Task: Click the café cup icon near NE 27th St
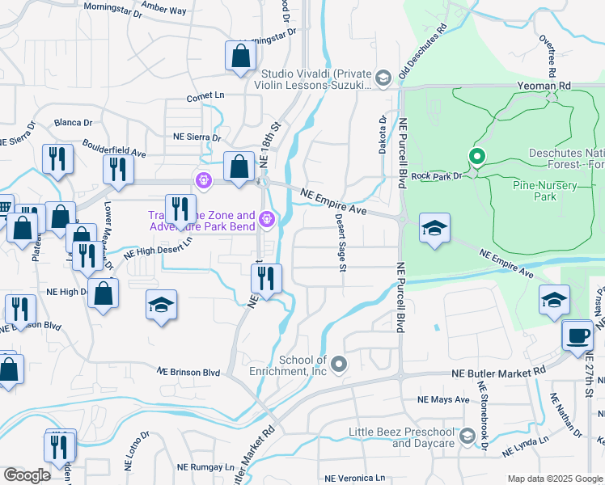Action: click(x=577, y=335)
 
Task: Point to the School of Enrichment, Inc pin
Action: click(x=339, y=365)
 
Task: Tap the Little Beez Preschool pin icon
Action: click(x=467, y=436)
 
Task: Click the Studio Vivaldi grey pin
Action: click(x=383, y=78)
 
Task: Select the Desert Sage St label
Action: click(x=341, y=242)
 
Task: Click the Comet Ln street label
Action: click(x=205, y=95)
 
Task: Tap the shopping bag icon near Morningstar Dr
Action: click(x=241, y=56)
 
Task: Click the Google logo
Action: click(x=27, y=475)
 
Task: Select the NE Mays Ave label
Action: click(x=443, y=400)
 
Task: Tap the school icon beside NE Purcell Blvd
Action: click(x=434, y=229)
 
